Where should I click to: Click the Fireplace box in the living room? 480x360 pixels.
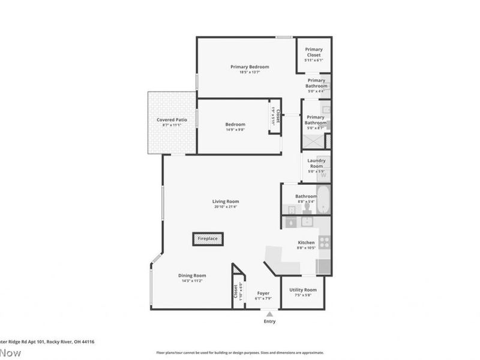(208, 239)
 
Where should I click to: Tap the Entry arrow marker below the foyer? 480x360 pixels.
(269, 314)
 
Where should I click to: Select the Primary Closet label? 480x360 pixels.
(313, 52)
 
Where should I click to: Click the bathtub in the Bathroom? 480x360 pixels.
(323, 199)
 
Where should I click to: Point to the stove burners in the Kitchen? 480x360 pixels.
(324, 242)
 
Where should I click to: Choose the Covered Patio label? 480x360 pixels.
(172, 120)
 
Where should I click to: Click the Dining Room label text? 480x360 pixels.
(192, 275)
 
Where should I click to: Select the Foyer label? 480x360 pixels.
(263, 293)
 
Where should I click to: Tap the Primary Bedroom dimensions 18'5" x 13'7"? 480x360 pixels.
(250, 72)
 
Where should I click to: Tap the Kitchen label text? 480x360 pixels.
(306, 243)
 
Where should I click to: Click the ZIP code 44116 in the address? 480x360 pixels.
(86, 341)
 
